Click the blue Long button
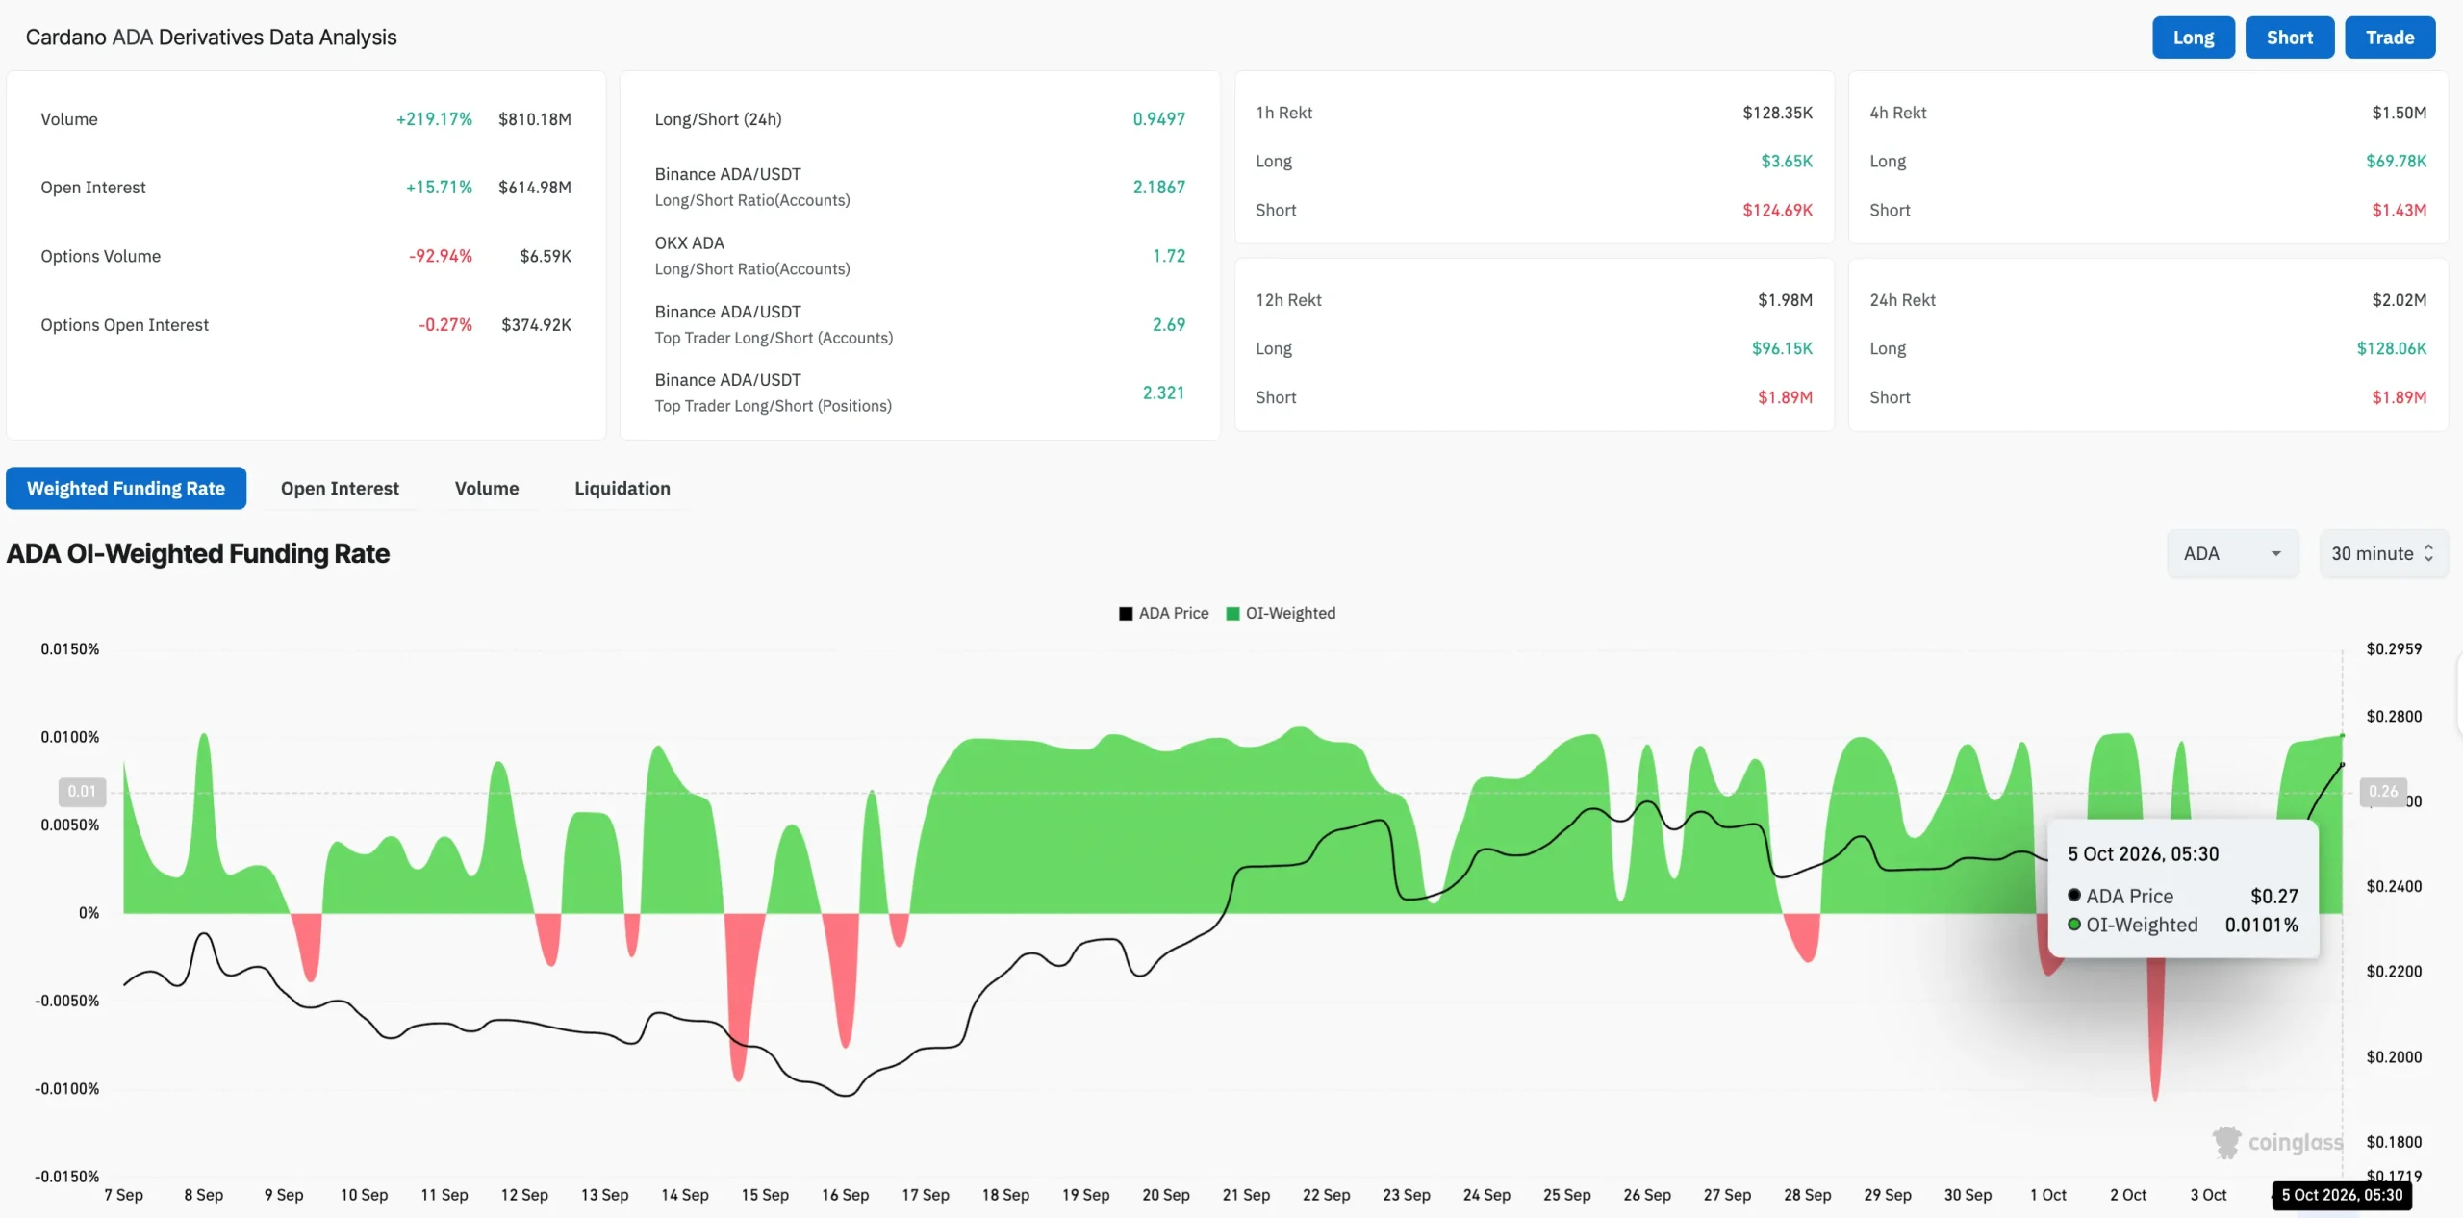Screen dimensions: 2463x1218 [2193, 38]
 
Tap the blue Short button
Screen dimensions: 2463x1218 [2289, 38]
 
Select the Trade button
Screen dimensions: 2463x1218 [2390, 38]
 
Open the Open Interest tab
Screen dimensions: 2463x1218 [340, 488]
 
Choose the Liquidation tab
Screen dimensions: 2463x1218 [622, 488]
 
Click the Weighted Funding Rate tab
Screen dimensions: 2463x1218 [126, 488]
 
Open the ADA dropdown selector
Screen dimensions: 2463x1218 [2232, 553]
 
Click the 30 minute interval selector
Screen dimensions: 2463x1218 [2383, 553]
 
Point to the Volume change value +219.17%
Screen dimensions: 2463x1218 [434, 119]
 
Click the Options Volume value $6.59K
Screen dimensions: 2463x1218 [546, 256]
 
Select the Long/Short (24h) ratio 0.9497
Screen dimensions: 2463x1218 [1158, 119]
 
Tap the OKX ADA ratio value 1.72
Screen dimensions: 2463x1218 [1169, 256]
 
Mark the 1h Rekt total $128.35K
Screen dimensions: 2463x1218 [1777, 113]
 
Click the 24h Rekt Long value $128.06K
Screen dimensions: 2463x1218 [2391, 348]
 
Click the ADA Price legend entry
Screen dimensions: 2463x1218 [1164, 613]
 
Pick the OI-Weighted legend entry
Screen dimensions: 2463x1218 [1281, 613]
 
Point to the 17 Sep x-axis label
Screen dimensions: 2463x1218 [925, 1195]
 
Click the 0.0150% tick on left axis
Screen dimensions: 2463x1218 [69, 649]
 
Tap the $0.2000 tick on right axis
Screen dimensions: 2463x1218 [2394, 1057]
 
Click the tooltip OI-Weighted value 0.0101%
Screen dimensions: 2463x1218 [2261, 925]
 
